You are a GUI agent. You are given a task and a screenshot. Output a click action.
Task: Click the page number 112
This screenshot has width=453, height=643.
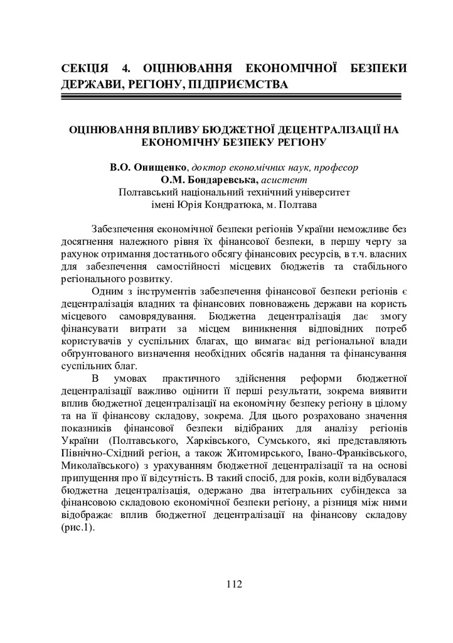[233, 585]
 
